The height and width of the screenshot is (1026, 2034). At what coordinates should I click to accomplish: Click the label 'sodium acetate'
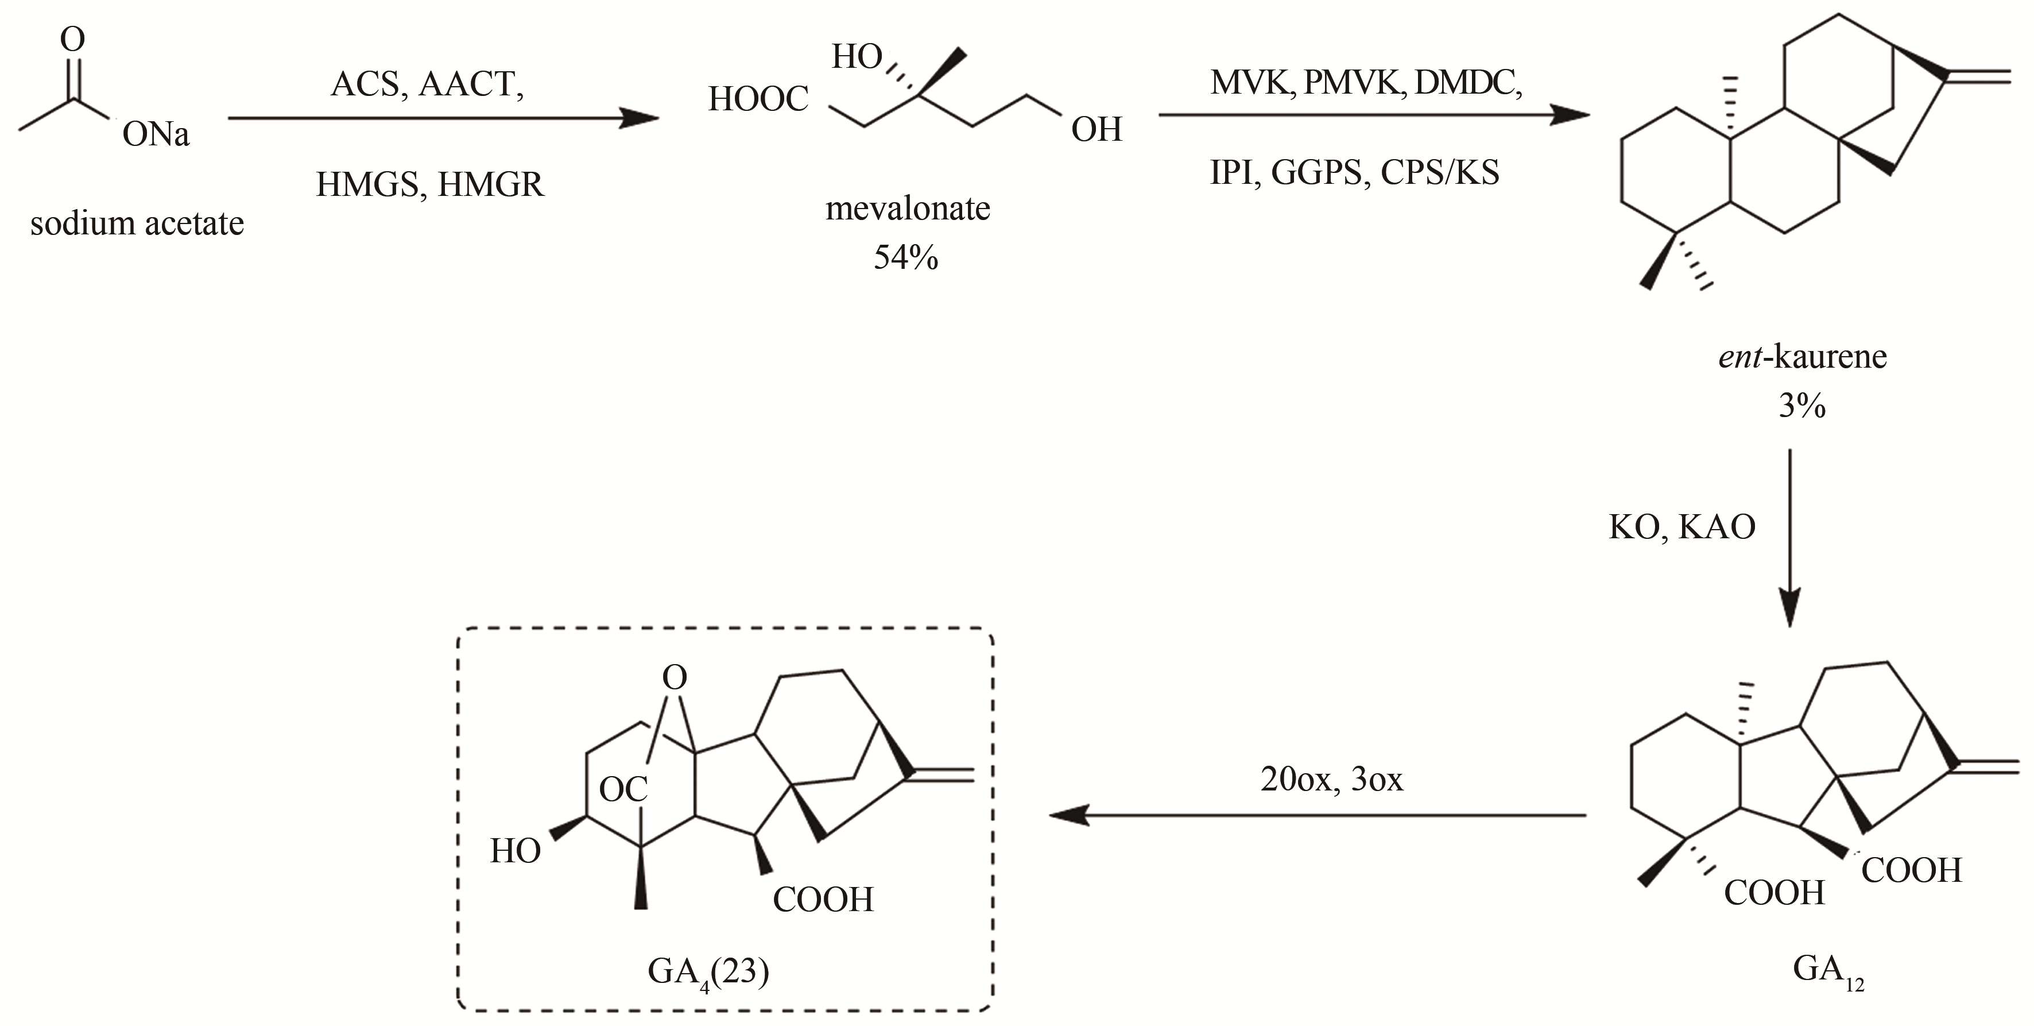click(x=137, y=224)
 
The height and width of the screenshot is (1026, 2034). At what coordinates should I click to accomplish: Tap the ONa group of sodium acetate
click(x=156, y=135)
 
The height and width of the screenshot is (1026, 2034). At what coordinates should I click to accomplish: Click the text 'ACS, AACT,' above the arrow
click(x=427, y=84)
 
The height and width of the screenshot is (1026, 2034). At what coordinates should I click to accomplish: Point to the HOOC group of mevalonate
click(x=758, y=99)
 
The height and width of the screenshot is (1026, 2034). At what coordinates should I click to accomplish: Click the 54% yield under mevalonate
click(x=906, y=257)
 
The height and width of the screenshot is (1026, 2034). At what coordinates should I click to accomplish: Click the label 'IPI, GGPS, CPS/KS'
click(x=1354, y=172)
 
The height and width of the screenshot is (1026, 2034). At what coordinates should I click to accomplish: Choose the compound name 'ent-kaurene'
click(x=1802, y=357)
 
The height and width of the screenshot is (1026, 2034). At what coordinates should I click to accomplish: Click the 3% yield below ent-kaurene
click(x=1802, y=406)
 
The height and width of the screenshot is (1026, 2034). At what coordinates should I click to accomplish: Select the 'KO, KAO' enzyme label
click(x=1682, y=527)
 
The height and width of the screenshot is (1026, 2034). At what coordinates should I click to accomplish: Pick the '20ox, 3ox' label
click(x=1332, y=780)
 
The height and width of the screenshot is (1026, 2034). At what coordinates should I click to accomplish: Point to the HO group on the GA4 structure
click(x=515, y=851)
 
